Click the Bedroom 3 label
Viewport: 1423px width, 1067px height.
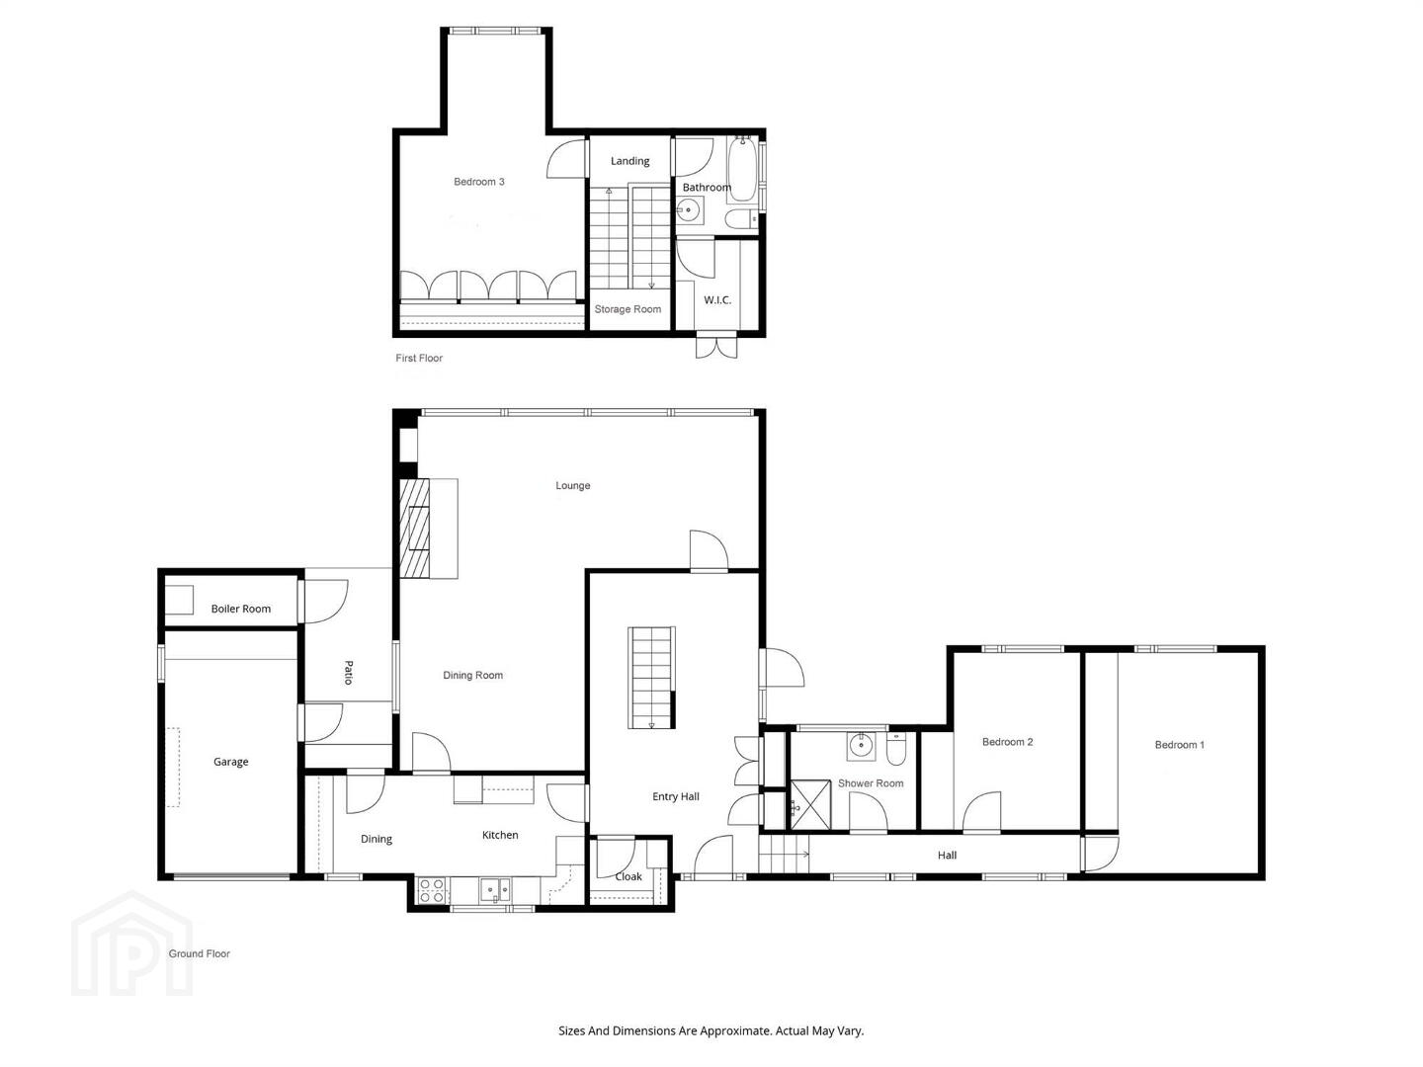tap(478, 182)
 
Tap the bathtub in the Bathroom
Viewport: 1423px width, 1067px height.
tap(742, 168)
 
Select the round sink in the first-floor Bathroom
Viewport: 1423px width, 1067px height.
tap(689, 209)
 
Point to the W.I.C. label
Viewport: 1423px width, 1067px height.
tap(717, 300)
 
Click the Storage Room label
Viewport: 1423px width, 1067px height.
tap(628, 309)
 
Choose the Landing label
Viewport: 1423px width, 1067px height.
tap(629, 161)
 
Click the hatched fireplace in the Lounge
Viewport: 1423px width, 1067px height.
tap(414, 528)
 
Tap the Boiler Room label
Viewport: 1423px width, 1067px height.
tap(240, 609)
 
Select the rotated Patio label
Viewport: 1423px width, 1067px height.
tap(348, 673)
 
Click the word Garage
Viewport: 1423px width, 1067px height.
tap(231, 762)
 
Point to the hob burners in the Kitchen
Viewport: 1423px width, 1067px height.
tap(431, 890)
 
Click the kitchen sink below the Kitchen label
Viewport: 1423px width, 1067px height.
tap(495, 890)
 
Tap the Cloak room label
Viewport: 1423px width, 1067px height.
tap(628, 876)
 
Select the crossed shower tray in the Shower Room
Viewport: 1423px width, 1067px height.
tap(810, 804)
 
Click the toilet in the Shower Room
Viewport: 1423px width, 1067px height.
tap(896, 750)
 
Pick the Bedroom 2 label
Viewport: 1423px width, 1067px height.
tap(1007, 742)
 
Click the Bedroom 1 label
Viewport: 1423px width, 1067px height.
tap(1179, 744)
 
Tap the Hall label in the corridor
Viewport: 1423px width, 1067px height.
tap(947, 856)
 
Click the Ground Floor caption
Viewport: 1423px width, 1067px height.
tap(199, 953)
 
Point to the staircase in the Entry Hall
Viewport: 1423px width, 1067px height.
tap(651, 678)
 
